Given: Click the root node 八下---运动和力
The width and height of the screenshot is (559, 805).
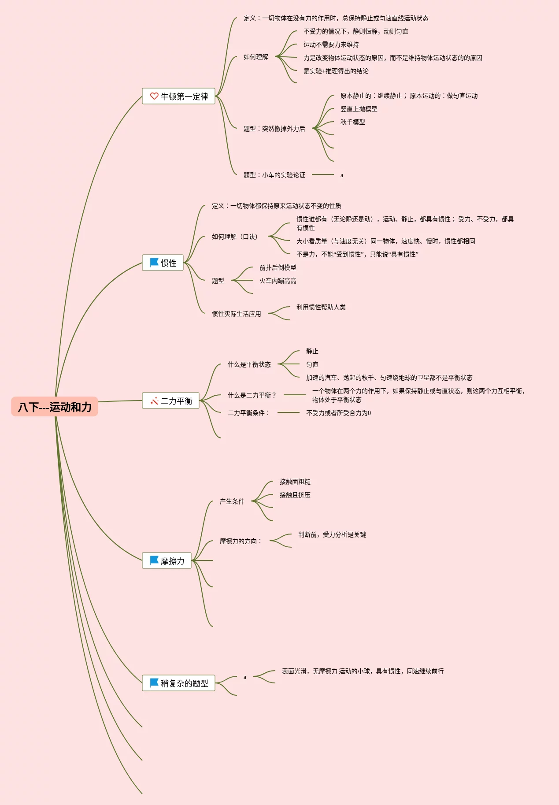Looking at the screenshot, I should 55,407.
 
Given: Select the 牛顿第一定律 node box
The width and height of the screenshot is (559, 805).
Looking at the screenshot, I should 178,96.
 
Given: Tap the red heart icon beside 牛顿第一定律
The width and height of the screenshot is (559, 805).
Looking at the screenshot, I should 154,96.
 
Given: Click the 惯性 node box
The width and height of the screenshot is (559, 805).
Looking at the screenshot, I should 163,263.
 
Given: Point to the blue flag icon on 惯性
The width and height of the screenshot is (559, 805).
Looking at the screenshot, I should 154,262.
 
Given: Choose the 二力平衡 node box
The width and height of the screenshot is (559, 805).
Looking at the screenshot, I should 170,401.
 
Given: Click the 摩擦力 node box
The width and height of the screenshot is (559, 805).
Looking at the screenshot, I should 167,560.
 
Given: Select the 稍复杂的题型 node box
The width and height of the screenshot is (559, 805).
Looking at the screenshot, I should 178,683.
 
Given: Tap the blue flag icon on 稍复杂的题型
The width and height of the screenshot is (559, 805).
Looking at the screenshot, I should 154,683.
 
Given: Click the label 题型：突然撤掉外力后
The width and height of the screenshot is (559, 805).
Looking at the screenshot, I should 274,129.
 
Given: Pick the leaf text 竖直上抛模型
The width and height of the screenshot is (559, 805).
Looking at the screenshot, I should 359,109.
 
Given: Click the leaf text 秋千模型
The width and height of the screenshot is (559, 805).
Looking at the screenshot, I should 352,122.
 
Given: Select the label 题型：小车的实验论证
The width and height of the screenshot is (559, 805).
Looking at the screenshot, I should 274,175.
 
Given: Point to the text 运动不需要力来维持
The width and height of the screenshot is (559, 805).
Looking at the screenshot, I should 331,45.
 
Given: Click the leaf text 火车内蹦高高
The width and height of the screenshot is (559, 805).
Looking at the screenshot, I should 278,281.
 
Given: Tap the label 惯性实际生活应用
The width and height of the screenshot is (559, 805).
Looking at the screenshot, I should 236,314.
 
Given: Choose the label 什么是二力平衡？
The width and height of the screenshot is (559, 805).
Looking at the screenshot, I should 252,395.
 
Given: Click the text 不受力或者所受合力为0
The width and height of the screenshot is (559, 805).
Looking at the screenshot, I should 338,413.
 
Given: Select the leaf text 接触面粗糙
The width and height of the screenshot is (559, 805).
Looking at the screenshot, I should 295,482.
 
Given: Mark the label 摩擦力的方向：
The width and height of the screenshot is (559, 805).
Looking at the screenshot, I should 241,541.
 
